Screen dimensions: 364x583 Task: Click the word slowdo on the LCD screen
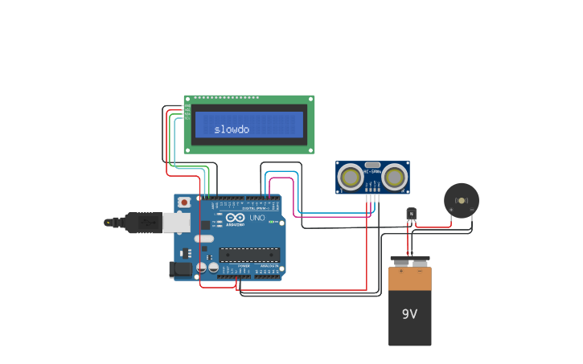[x=232, y=129]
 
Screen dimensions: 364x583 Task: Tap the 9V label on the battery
[x=409, y=313]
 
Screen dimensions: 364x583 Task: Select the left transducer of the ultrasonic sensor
[x=351, y=176]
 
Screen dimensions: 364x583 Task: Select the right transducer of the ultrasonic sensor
[x=394, y=176]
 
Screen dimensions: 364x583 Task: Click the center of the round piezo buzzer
[x=462, y=199]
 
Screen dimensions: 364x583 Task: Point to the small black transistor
[x=412, y=213]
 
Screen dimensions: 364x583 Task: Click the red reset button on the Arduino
[x=184, y=202]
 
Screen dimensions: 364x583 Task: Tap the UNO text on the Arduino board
[x=257, y=219]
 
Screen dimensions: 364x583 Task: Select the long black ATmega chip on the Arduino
[x=249, y=255]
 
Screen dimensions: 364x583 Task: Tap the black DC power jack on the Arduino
[x=180, y=269]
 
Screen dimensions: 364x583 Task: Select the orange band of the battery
[x=409, y=278]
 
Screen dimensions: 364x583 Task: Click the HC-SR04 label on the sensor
[x=372, y=170]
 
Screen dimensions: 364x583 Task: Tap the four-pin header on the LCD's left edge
[x=187, y=110]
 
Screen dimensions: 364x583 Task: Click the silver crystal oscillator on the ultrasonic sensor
[x=372, y=164]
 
